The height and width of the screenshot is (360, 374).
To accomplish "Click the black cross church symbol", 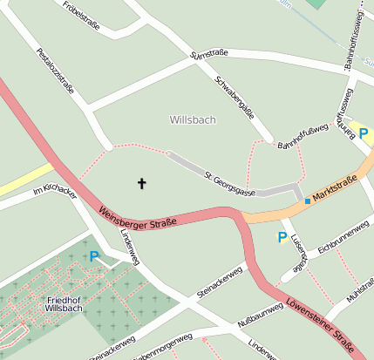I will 142,184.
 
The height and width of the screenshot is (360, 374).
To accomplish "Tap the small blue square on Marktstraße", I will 307,201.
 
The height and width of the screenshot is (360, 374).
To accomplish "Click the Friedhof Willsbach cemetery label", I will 64,304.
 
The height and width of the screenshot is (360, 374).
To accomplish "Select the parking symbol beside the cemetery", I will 94,256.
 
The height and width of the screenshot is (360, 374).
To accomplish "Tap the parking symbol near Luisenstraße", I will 282,237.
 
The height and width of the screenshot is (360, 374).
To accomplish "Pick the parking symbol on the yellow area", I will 364,135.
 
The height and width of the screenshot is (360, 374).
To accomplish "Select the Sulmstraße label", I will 209,54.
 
